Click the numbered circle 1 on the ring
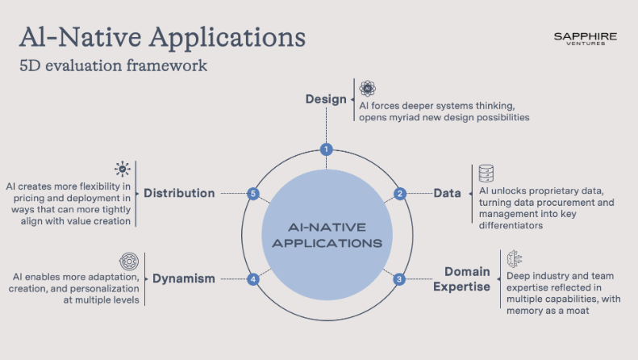326,149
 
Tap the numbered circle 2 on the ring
399,194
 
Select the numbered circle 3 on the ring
398,279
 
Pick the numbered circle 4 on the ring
253,279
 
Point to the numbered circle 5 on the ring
253,194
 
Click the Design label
326,99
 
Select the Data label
447,194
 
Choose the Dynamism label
184,279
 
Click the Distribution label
179,194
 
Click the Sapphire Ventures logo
586,40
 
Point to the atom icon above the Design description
367,89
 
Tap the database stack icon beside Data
486,174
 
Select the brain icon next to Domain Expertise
514,259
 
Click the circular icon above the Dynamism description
129,261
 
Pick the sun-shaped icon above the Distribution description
123,169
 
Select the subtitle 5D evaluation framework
113,65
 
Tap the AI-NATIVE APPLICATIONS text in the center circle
327,235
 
